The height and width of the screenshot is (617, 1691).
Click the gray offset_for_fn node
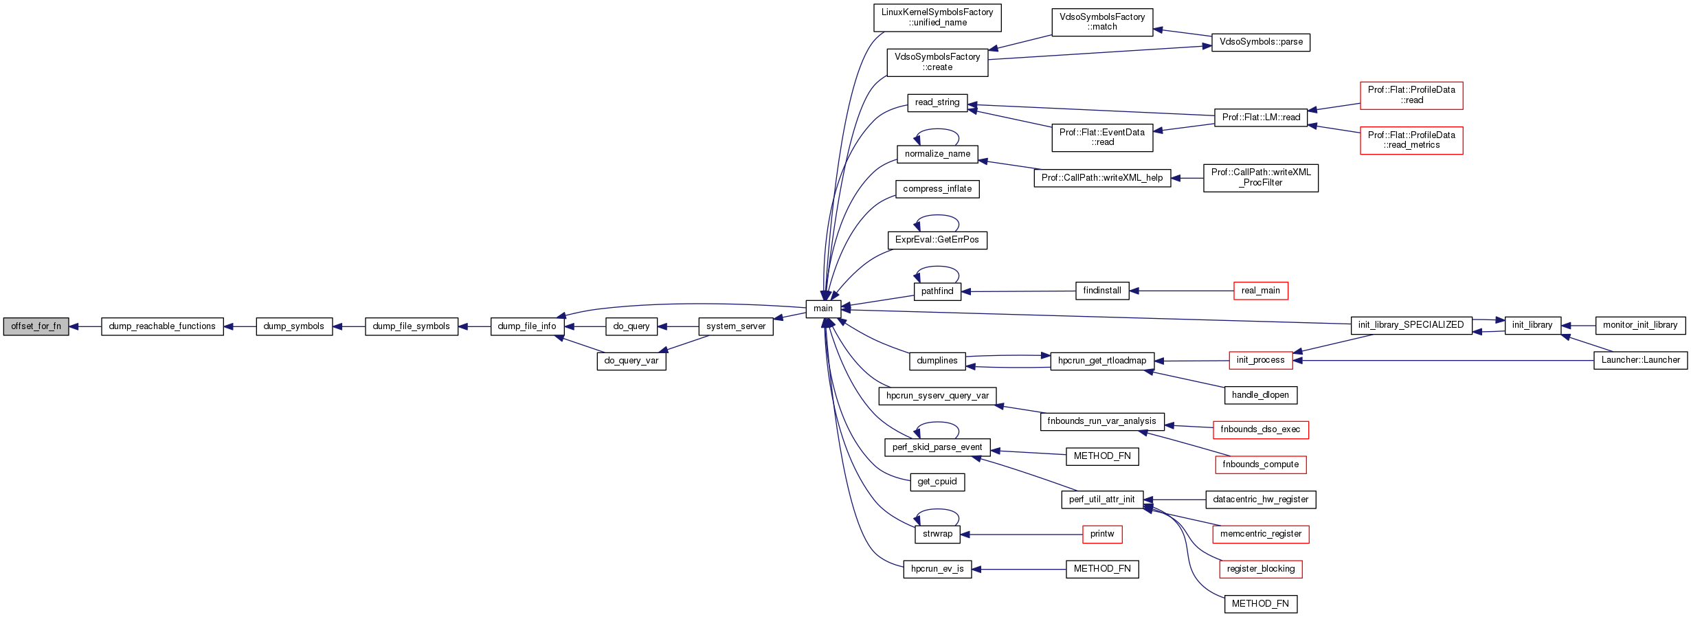[x=36, y=326]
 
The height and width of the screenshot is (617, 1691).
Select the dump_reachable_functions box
[x=162, y=326]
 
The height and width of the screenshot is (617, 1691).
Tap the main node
[x=823, y=308]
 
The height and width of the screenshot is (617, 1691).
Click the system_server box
[x=736, y=326]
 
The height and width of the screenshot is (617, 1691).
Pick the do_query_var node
[x=631, y=361]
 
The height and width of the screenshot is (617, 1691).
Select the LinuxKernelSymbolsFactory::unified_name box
[x=937, y=18]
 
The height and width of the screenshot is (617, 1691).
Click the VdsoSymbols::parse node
[x=1261, y=42]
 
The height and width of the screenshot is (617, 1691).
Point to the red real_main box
[x=1261, y=291]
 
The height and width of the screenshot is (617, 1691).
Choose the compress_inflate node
[x=937, y=189]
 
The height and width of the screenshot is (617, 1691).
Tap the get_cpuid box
[x=937, y=482]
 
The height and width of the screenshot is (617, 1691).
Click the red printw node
[x=1102, y=534]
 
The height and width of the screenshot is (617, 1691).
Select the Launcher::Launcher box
[x=1640, y=360]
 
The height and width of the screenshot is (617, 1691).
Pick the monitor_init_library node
[x=1640, y=325]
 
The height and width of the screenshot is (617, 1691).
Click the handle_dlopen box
[x=1261, y=395]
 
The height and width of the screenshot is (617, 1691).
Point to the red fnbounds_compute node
[x=1261, y=464]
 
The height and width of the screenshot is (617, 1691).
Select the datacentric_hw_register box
[x=1261, y=500]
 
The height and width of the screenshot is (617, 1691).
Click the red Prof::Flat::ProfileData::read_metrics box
[x=1411, y=140]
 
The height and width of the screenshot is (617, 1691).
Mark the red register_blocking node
[x=1261, y=569]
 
